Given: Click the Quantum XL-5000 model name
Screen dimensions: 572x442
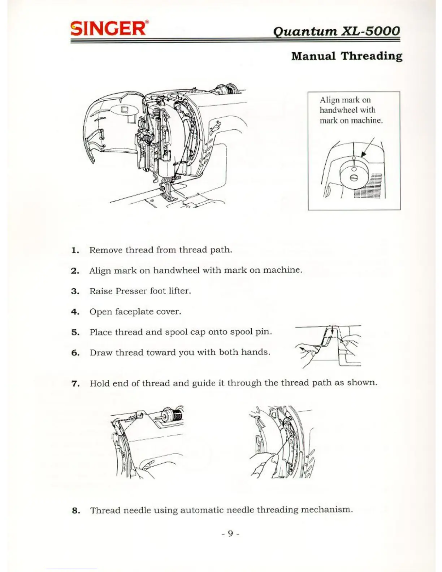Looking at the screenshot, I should point(336,31).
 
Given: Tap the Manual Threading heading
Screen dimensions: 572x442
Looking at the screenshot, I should point(346,56).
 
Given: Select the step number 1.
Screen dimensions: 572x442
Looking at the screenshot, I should point(75,250).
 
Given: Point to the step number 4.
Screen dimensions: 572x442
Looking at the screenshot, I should point(75,312).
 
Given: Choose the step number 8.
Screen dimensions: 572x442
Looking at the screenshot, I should point(75,511).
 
